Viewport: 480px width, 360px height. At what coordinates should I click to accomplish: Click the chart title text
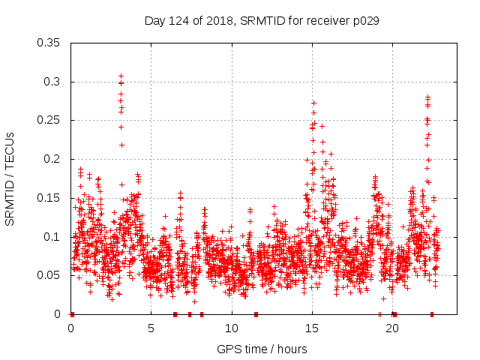[262, 21]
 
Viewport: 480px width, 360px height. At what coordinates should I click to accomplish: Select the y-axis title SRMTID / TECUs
[10, 178]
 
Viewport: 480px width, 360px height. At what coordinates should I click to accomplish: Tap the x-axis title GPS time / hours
[262, 349]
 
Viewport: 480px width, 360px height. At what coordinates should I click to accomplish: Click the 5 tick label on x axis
[151, 328]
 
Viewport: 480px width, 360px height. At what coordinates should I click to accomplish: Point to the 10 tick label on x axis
[232, 328]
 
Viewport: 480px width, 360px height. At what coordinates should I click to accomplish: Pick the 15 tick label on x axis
[312, 328]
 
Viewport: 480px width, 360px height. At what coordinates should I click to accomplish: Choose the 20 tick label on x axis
[392, 328]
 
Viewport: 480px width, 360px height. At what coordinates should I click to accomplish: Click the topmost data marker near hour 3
[121, 76]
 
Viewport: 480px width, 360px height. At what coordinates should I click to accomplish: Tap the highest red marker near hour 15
[313, 103]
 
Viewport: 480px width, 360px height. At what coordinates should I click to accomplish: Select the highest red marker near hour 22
[427, 97]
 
